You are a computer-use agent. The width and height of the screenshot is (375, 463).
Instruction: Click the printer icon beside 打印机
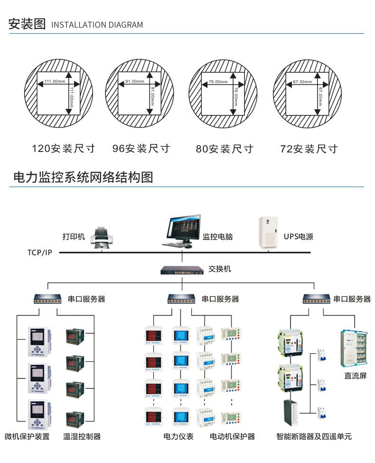click(103, 237)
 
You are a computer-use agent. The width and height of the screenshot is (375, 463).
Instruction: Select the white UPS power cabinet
click(268, 233)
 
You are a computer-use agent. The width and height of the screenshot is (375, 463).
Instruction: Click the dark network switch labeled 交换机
click(182, 270)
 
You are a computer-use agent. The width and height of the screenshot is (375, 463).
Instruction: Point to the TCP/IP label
click(40, 252)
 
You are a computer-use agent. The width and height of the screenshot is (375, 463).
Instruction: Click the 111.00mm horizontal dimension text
click(55, 82)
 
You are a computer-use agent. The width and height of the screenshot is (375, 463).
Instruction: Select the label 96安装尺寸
click(141, 149)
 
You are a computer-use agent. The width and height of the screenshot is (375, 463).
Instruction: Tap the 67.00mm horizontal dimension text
click(302, 82)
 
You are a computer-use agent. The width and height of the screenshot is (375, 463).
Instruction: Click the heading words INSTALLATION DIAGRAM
click(96, 25)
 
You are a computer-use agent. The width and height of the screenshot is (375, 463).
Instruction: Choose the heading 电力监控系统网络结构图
click(82, 178)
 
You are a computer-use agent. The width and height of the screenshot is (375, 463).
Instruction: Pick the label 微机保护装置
click(27, 436)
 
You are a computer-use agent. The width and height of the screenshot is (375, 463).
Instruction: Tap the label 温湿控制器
click(82, 436)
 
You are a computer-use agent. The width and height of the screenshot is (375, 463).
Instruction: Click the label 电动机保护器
click(232, 436)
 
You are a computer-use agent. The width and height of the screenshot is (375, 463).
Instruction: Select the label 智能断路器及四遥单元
click(314, 436)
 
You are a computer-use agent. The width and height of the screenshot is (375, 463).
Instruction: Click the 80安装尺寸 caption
click(225, 149)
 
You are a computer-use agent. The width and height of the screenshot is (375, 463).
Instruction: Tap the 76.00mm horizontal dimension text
click(218, 82)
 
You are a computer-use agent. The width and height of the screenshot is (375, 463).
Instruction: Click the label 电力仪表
click(178, 436)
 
